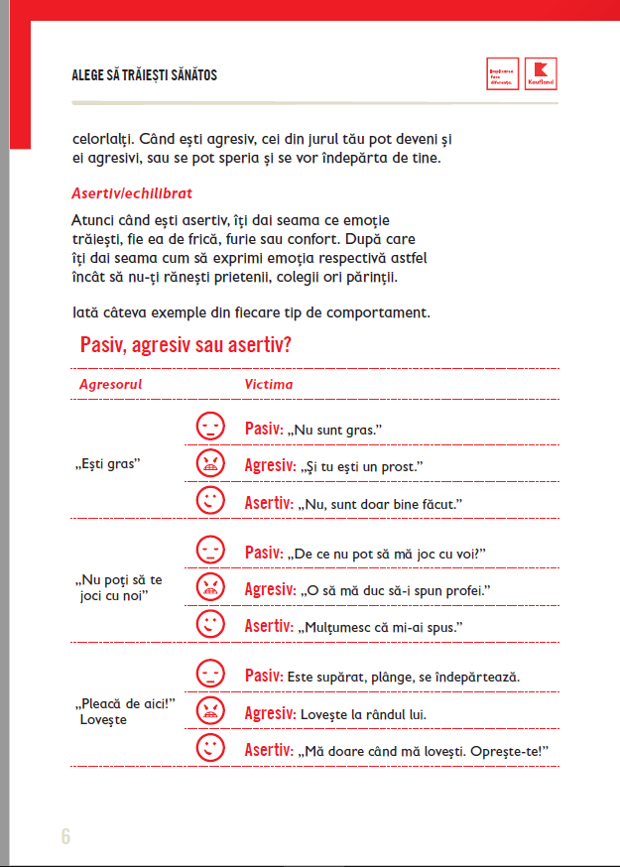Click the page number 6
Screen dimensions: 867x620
[65, 835]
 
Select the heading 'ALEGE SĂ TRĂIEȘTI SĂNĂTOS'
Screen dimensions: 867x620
[145, 75]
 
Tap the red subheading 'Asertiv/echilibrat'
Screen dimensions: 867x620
[132, 191]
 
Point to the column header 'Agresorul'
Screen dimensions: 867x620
[110, 384]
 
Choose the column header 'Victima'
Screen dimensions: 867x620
[269, 384]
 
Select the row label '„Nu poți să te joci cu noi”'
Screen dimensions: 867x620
[120, 586]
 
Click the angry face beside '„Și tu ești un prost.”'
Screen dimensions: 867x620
[209, 463]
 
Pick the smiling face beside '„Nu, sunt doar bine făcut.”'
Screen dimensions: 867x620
[209, 501]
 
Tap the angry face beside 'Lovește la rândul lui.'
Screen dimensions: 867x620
[209, 710]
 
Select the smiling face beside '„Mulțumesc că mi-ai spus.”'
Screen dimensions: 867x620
[209, 624]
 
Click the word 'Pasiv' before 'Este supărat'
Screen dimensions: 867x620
[263, 676]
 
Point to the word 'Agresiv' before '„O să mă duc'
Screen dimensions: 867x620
[270, 589]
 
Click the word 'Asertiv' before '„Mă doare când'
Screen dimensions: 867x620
[269, 750]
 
